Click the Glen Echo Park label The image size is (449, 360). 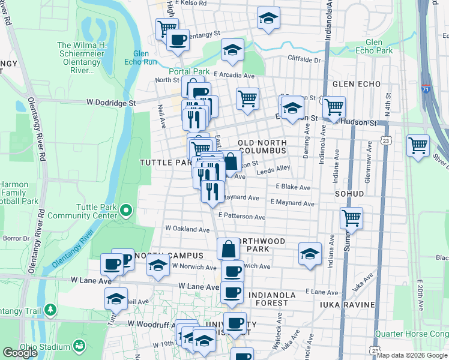coord(382,47)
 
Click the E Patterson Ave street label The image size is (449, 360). coord(242,217)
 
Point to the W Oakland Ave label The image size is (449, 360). coord(187,229)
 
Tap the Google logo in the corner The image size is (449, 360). coord(20,352)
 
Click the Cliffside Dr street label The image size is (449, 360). coord(304,59)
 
